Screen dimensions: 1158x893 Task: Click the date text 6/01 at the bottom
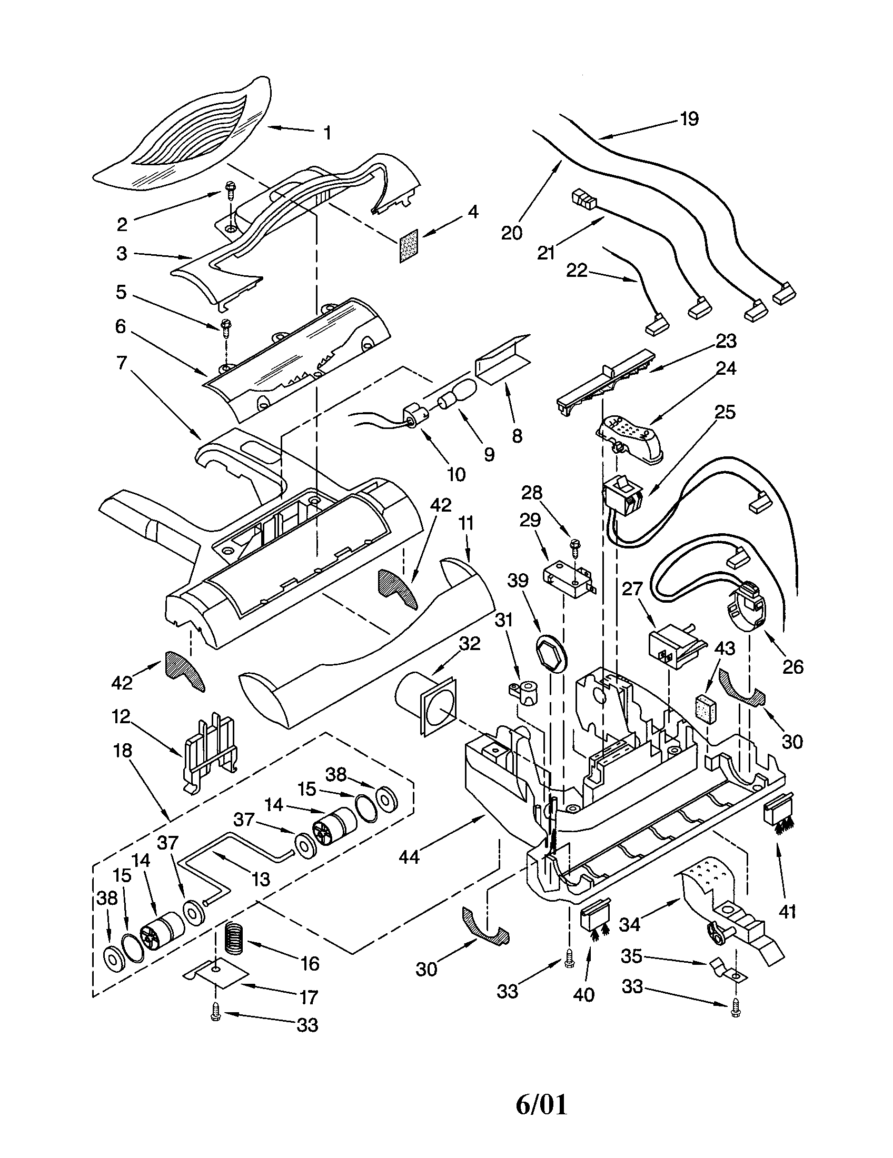pyautogui.click(x=541, y=1102)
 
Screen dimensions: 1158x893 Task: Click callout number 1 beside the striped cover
pyautogui.click(x=328, y=133)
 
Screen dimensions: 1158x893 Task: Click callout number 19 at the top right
pyautogui.click(x=689, y=118)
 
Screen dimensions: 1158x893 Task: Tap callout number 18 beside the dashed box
pyautogui.click(x=123, y=751)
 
